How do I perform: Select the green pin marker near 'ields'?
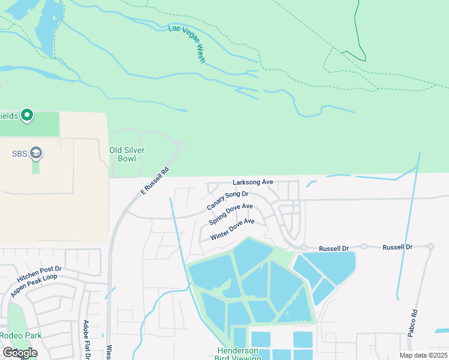tap(27, 115)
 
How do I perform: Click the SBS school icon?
tap(36, 153)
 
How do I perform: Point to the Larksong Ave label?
tap(253, 182)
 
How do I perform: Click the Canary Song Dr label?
tap(228, 200)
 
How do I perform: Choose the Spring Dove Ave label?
tap(231, 214)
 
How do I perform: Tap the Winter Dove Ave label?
tap(232, 230)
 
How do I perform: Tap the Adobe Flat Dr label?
tap(87, 340)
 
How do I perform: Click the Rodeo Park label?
tap(21, 335)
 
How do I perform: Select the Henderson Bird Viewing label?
tap(238, 354)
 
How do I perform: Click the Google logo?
tap(19, 353)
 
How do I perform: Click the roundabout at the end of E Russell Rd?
tap(179, 145)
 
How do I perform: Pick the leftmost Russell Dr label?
tap(334, 247)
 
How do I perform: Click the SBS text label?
tap(19, 153)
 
